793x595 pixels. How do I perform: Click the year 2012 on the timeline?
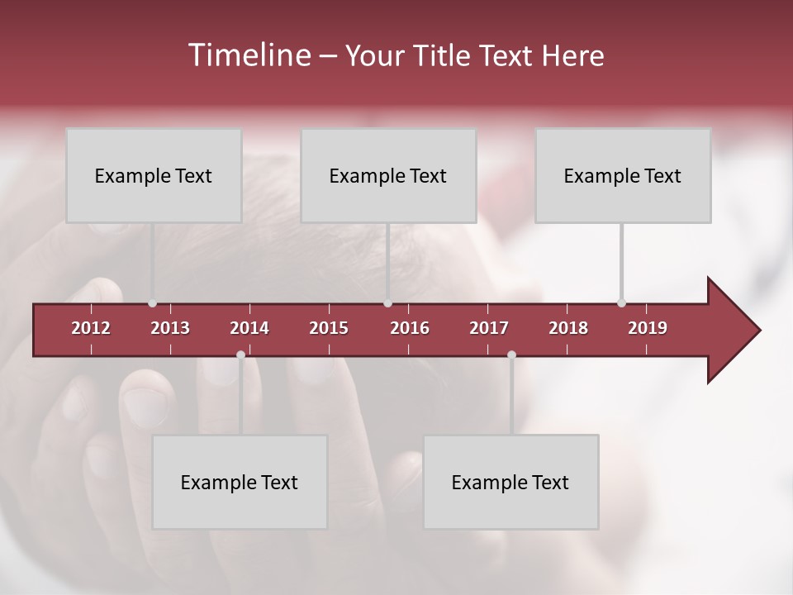(91, 328)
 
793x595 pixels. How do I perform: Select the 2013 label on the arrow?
(170, 328)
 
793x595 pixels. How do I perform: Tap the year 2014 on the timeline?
(249, 328)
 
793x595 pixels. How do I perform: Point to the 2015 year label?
(329, 328)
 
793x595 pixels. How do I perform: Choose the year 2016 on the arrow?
(410, 328)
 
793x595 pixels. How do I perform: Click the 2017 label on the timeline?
(489, 328)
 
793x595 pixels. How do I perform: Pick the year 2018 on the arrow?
(568, 328)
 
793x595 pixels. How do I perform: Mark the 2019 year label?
(648, 328)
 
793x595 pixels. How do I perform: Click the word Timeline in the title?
(247, 55)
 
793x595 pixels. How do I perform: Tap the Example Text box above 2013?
(154, 175)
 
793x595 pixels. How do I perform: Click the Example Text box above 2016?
(388, 175)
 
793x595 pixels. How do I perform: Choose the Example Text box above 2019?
(623, 175)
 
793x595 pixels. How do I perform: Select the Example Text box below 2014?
(240, 482)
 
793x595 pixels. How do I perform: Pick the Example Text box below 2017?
(510, 482)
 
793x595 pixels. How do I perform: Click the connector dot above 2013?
(152, 303)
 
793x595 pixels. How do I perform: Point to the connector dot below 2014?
(240, 355)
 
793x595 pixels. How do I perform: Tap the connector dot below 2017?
(511, 355)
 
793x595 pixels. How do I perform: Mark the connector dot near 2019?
(621, 303)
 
